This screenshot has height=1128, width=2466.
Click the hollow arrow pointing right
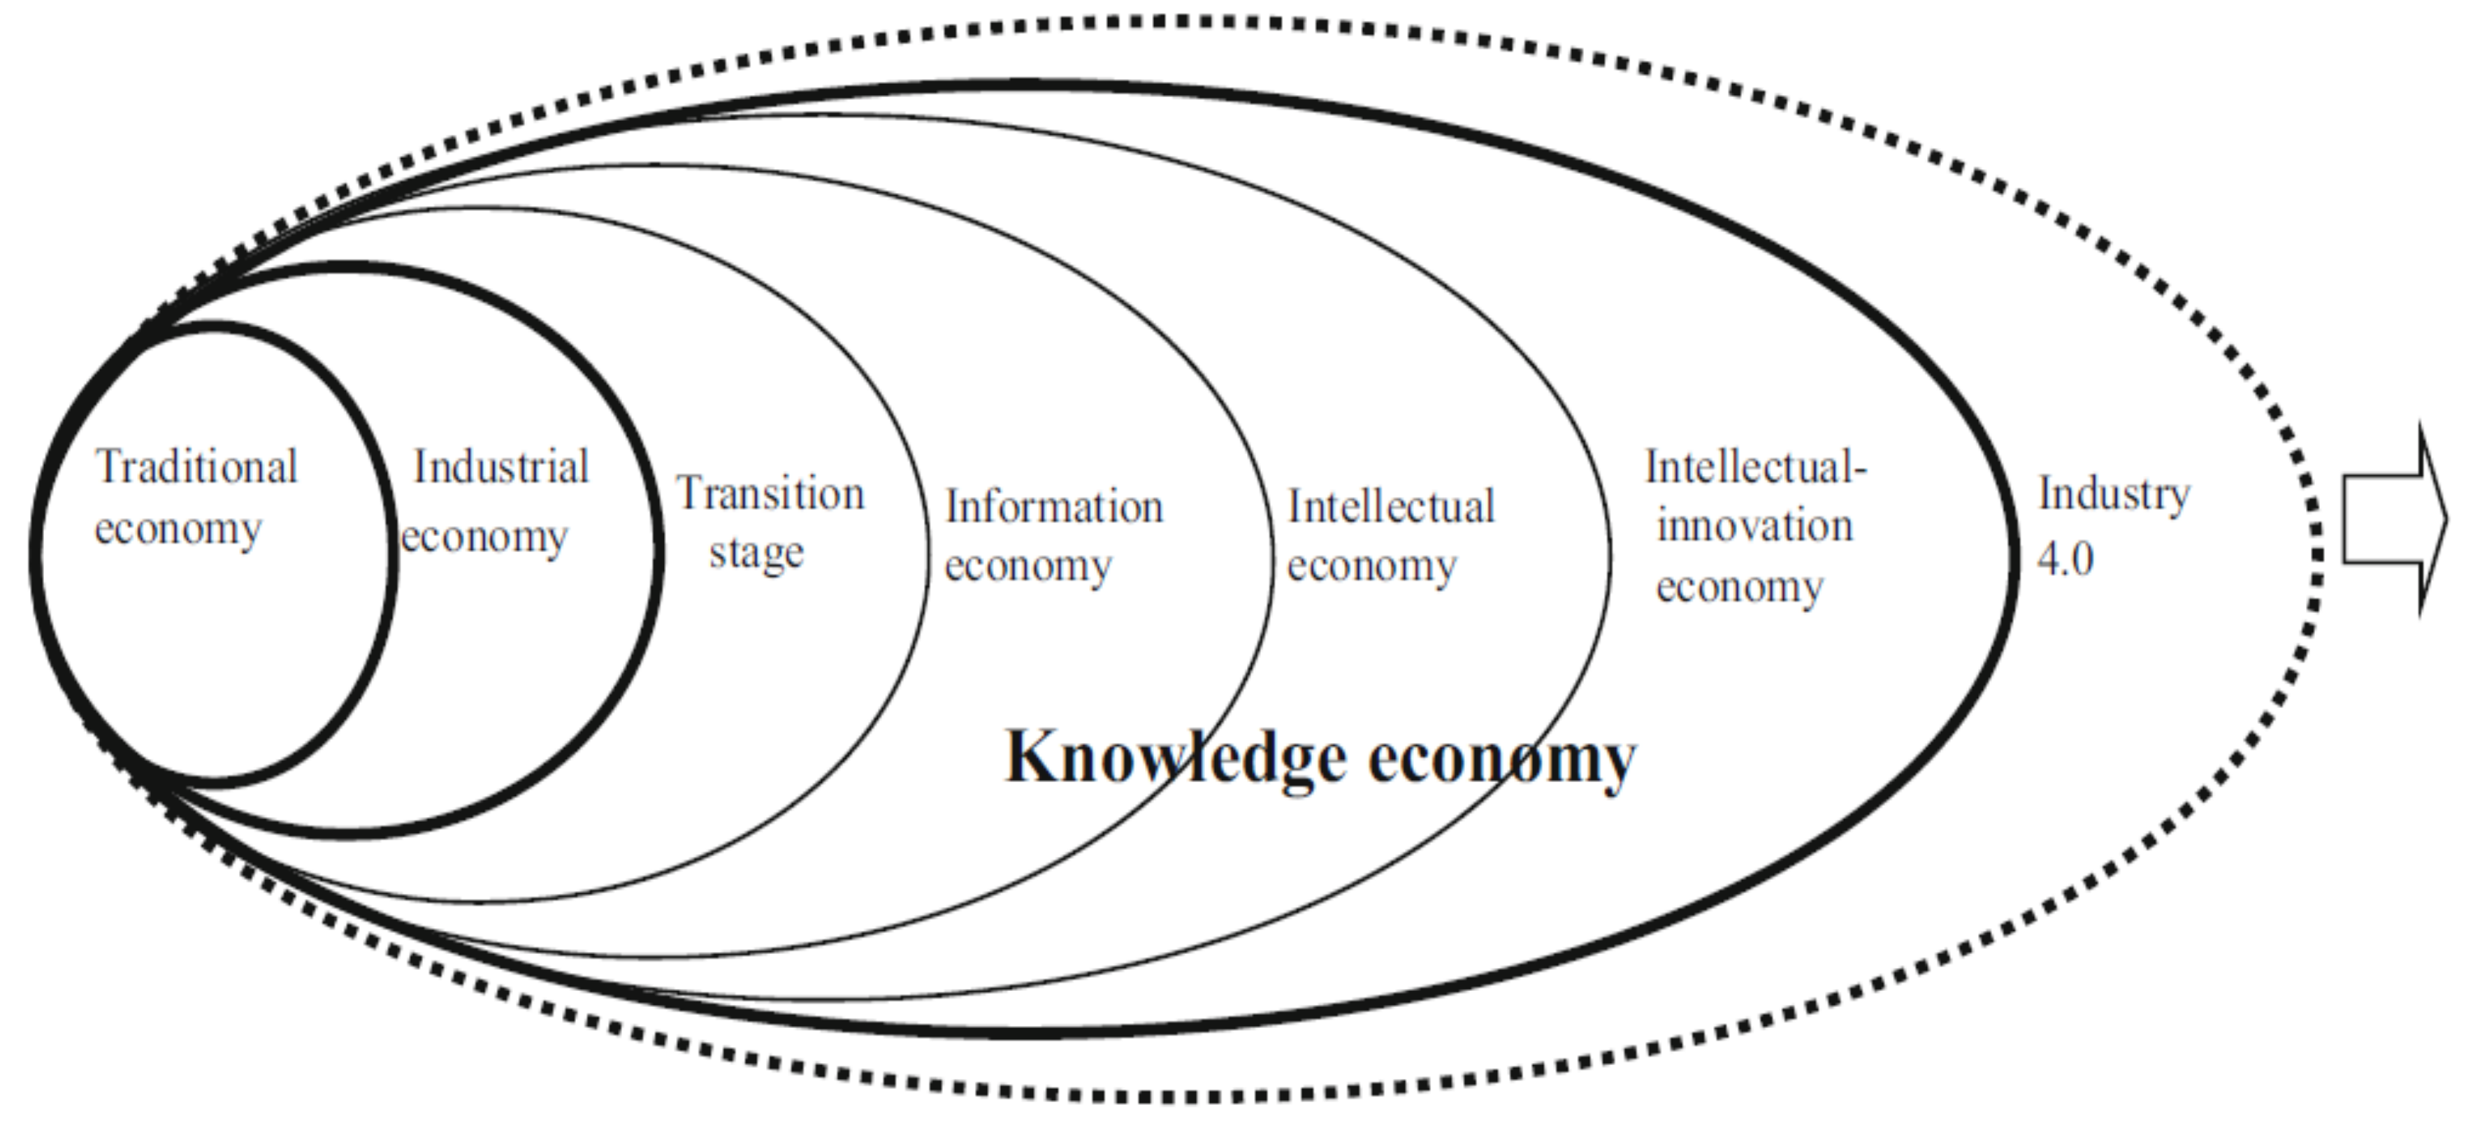[2393, 520]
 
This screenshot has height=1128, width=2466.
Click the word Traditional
[196, 468]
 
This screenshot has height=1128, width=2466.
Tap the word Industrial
[500, 468]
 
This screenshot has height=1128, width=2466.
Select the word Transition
[770, 494]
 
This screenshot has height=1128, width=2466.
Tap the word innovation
[1754, 526]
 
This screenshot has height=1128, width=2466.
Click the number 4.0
[2065, 558]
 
